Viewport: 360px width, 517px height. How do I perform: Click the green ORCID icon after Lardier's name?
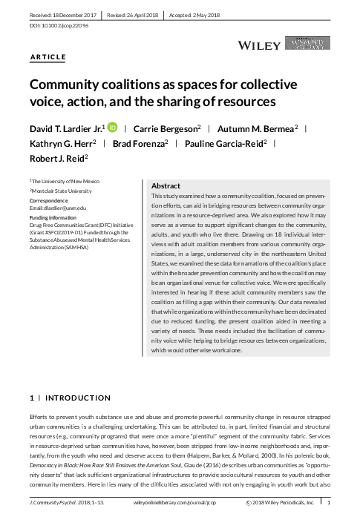112,128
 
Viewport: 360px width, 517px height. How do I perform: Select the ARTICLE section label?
48,57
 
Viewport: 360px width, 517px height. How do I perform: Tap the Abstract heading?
166,185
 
